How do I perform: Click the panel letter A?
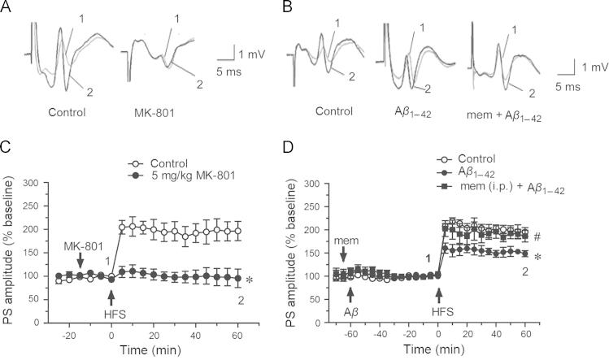(x=7, y=7)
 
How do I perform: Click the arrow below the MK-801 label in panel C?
(x=80, y=259)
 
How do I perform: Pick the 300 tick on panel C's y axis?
(x=37, y=183)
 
